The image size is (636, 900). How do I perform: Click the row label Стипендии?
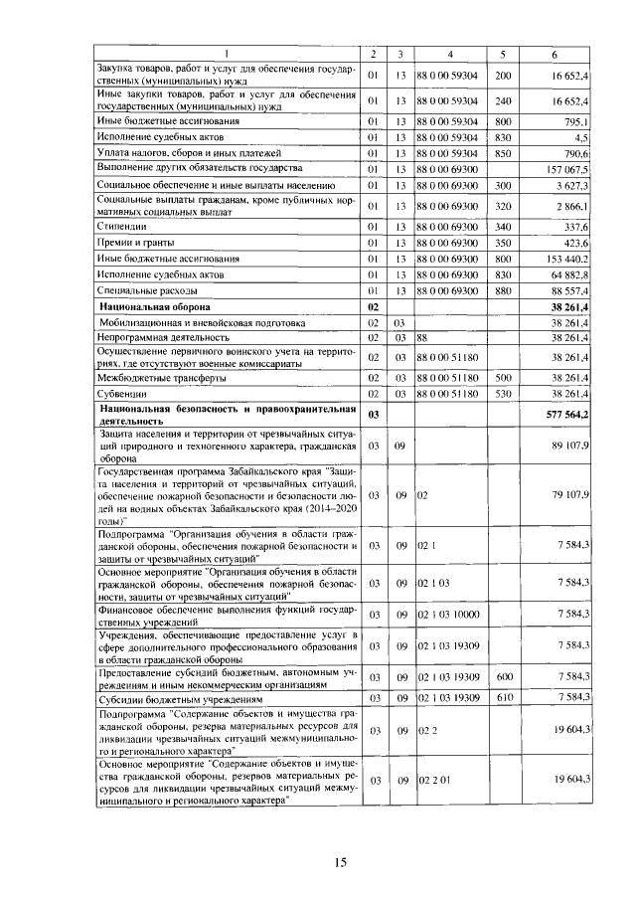click(x=120, y=226)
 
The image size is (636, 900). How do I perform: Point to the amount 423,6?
click(x=575, y=242)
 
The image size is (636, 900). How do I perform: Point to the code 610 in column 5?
click(x=502, y=698)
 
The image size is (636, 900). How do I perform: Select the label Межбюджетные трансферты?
click(x=162, y=378)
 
